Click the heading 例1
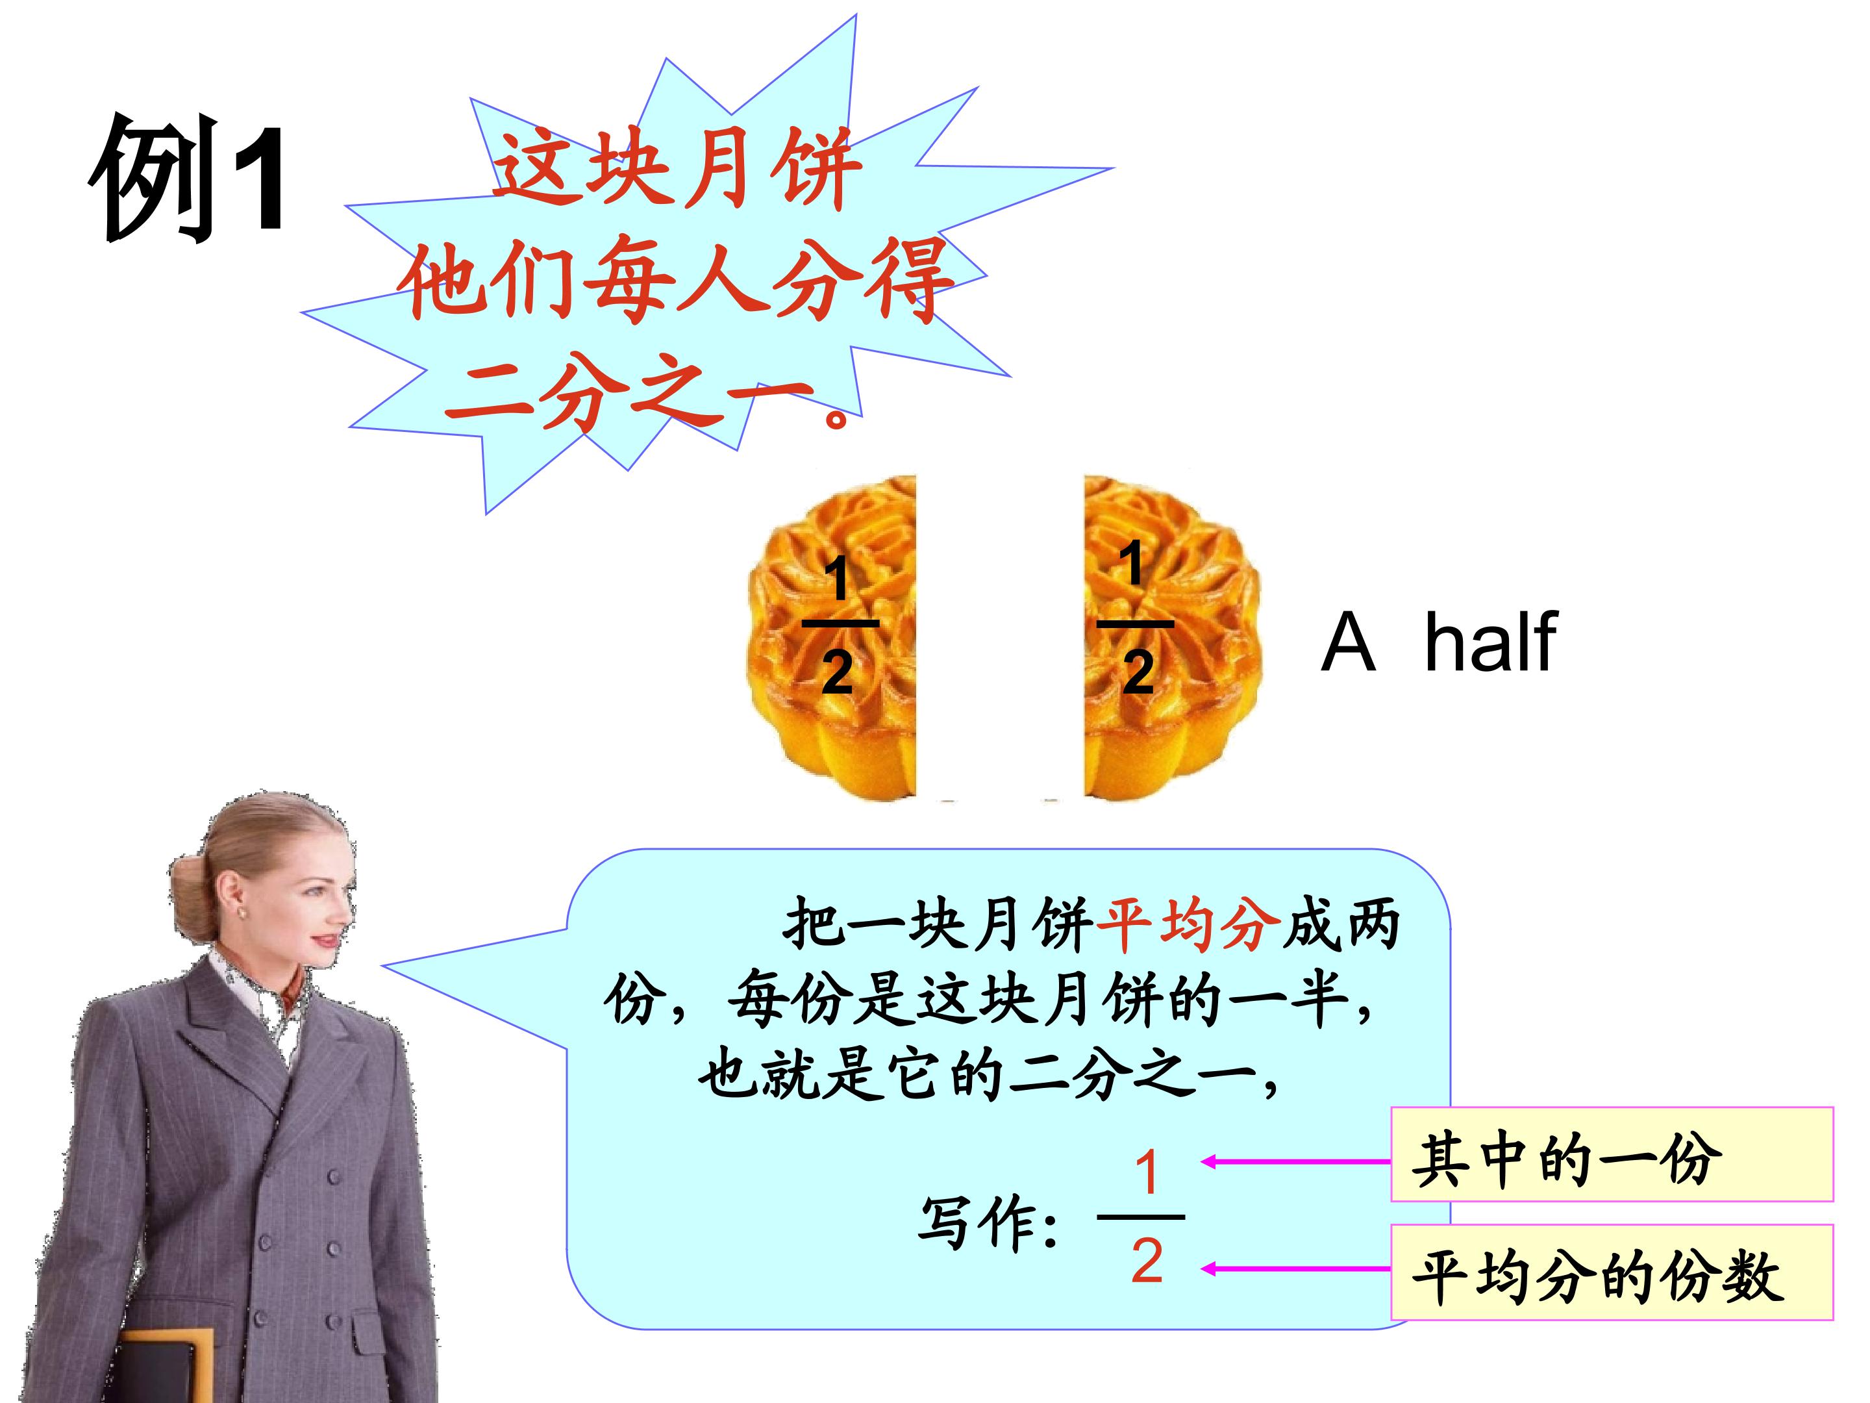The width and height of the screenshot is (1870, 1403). tap(188, 179)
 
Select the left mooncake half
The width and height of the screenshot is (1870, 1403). tap(832, 638)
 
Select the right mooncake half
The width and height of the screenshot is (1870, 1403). tap(1171, 638)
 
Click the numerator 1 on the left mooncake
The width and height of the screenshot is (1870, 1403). tap(836, 579)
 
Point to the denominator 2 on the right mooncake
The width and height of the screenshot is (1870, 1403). tap(1138, 672)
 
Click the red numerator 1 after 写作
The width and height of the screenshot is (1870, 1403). tap(1145, 1173)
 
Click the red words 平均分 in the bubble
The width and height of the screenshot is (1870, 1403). tap(1188, 924)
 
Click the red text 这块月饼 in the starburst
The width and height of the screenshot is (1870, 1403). tap(677, 169)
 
